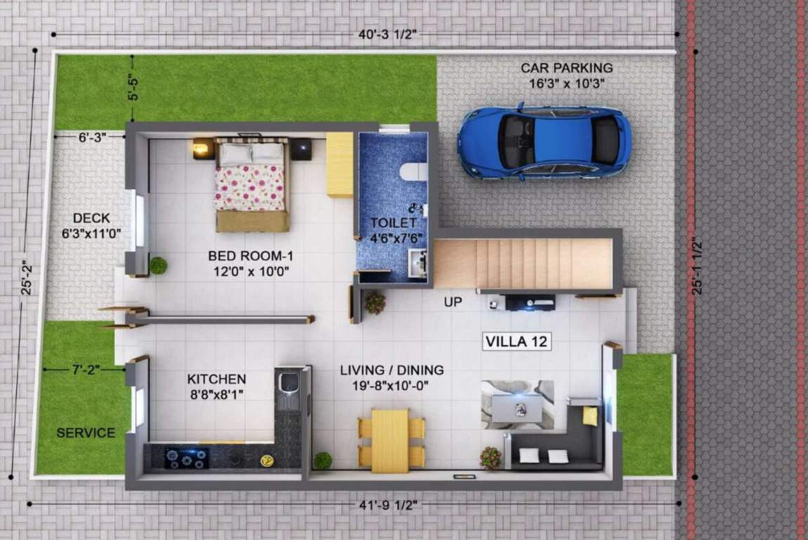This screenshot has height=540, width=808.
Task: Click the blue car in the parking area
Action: [545, 143]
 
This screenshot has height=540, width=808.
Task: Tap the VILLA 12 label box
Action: [517, 342]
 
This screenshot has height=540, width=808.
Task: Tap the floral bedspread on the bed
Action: [249, 187]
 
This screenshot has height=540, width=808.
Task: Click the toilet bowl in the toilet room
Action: [412, 172]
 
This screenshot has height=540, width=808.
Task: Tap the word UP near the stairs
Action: [452, 302]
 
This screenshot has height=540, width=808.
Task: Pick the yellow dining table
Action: [390, 440]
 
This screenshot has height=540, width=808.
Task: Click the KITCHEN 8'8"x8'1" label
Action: [216, 386]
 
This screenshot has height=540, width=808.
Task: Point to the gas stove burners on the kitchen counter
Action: [186, 458]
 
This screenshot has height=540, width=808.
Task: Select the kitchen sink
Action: [289, 384]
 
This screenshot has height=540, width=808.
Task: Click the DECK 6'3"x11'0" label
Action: [92, 225]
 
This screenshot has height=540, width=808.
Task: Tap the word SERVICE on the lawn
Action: [86, 432]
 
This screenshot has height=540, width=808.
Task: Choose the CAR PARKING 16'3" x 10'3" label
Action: [566, 75]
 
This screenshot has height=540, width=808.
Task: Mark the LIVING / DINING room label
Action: [391, 377]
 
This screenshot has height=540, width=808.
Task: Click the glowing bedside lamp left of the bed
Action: [201, 148]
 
